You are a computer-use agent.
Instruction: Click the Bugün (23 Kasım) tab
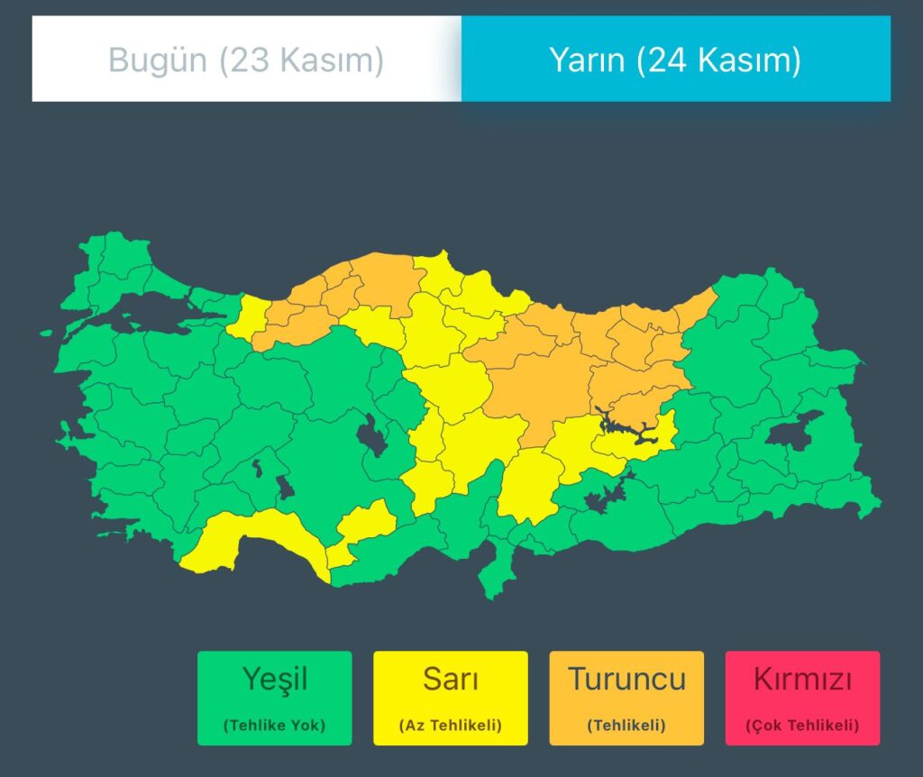[246, 60]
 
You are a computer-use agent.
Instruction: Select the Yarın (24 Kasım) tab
[675, 60]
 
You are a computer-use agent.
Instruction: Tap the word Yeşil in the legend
[274, 679]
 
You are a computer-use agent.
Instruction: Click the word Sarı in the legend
[451, 679]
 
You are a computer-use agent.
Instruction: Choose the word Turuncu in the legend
[626, 679]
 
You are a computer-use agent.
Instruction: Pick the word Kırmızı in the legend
[801, 679]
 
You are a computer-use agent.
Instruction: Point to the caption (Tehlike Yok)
[274, 725]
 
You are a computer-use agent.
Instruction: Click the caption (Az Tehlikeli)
[451, 725]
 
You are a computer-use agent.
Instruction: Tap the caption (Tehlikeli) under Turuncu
[626, 725]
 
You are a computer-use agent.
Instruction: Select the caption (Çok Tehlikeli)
[801, 725]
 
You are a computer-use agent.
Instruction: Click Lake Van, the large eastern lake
[790, 431]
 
